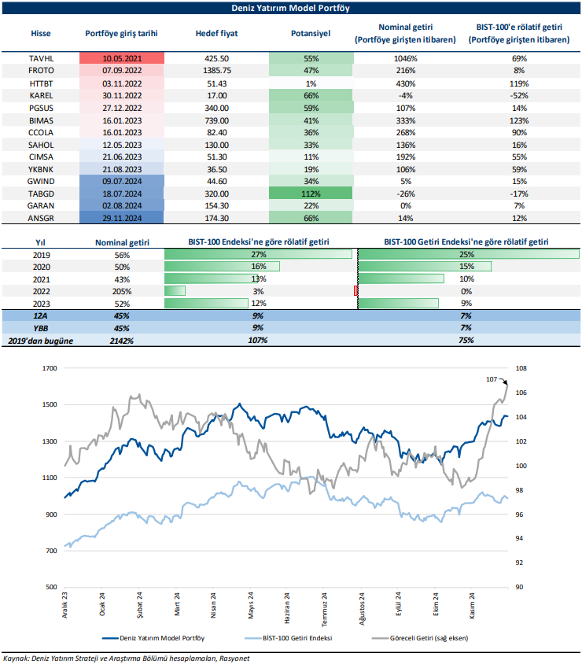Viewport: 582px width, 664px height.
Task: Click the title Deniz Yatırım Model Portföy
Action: pos(292,9)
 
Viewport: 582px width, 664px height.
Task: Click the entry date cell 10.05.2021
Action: pos(122,58)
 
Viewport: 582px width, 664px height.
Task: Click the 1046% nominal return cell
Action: pos(406,58)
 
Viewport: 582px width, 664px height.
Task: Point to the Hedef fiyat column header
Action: pos(216,35)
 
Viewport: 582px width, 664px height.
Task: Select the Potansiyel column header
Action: pos(311,35)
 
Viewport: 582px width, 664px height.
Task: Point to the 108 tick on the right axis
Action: pos(521,367)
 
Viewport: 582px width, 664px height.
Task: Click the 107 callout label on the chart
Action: pos(492,379)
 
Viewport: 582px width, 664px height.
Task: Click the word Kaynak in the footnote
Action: pos(16,657)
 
